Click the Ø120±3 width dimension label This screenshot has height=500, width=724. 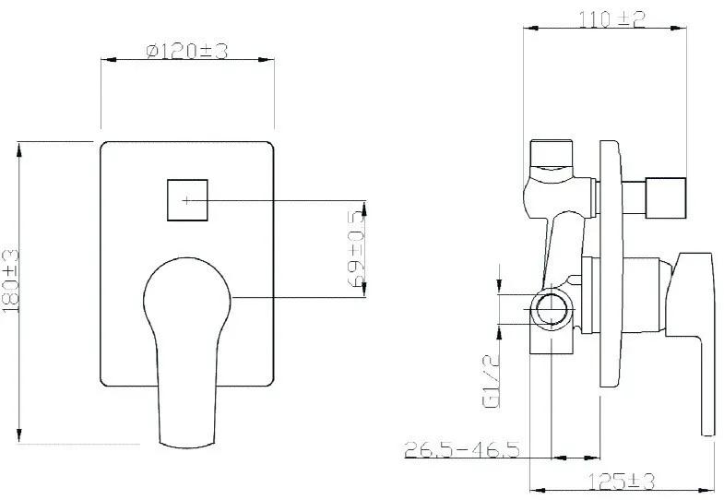point(187,51)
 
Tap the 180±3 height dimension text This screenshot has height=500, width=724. point(11,281)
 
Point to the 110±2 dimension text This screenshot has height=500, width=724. point(611,19)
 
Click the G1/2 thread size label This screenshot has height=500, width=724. point(491,381)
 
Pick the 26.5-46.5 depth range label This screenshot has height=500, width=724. point(462,449)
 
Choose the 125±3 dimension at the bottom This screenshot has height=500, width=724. point(622,482)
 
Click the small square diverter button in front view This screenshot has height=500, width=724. point(187,200)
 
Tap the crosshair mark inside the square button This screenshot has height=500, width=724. point(186,200)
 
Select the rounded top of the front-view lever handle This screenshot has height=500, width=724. point(187,260)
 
